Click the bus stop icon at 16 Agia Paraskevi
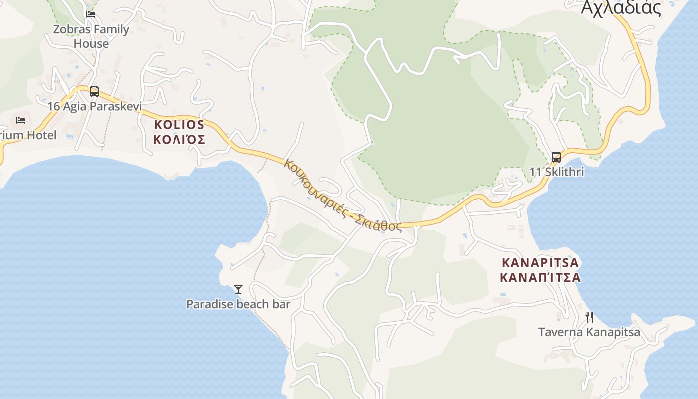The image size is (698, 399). coord(94,92)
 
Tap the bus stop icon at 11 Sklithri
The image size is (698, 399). coord(556,157)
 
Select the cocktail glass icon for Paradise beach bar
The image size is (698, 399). coord(238,289)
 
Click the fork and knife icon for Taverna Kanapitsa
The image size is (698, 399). coord(589,317)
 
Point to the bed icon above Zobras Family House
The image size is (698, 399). coord(91,14)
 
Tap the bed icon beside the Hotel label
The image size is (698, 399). coord(21,120)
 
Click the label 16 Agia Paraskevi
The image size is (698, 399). coord(95,106)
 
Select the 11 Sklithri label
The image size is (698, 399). coord(556,172)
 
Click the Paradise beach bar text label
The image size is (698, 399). coord(238,304)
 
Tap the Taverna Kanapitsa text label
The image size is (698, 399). coord(589,332)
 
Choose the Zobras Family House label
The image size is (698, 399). coord(91,36)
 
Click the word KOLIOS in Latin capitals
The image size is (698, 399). coord(179,125)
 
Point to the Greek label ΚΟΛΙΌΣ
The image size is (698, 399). coord(179,139)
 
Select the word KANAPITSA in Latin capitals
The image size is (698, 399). coord(540,262)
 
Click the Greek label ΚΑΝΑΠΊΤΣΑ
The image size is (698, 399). coord(540,277)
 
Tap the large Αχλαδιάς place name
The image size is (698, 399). coord(621,8)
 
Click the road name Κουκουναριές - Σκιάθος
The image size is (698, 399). coord(343,195)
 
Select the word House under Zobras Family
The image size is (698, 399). coord(91,44)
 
